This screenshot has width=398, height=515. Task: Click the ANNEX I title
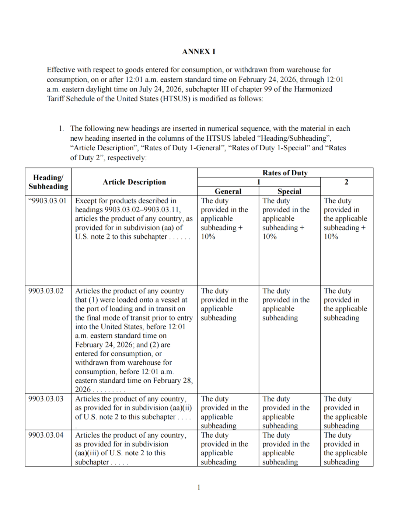point(199,52)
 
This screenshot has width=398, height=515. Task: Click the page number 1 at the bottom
point(199,487)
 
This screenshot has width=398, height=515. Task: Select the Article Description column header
point(134,182)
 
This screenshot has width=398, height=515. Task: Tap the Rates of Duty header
point(285,173)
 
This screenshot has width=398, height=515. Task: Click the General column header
point(228,191)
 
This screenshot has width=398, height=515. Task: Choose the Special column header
point(289,191)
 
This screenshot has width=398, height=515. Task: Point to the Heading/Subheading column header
point(48,182)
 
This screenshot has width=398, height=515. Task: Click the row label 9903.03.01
point(48,201)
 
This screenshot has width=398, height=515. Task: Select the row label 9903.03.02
point(46,291)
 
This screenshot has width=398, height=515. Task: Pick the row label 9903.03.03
point(46,399)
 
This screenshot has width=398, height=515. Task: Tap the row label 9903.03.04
point(46,435)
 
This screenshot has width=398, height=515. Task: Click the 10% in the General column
point(208,237)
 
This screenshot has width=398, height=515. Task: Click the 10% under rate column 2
point(331,237)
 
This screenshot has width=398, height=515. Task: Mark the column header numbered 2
point(346,182)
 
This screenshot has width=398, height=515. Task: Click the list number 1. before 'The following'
point(61,129)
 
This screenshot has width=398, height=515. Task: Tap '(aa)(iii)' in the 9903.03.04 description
point(87,453)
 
